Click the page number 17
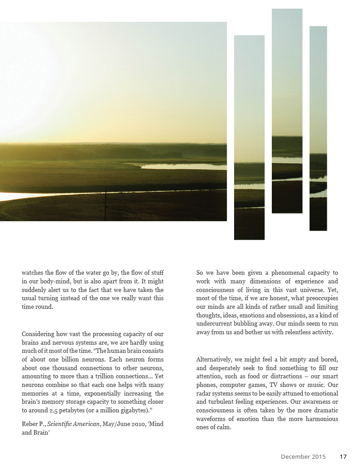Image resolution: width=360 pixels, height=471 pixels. [x=343, y=456]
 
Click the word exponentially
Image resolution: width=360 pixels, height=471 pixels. [x=104, y=393]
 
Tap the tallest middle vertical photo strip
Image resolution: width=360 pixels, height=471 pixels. [x=287, y=111]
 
